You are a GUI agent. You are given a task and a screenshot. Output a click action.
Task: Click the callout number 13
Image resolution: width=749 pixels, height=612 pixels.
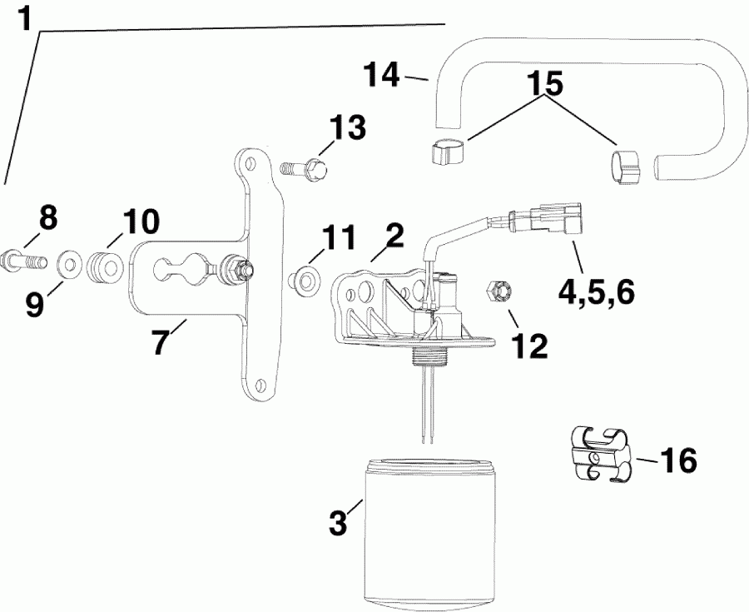pos(346,129)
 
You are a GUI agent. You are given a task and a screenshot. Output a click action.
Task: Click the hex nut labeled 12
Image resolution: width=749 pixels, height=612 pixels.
pos(499,292)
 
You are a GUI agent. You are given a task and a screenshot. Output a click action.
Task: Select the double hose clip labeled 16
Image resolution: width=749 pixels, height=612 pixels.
pos(601,456)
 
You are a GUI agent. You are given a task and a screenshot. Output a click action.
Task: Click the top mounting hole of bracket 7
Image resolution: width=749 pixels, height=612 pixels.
pos(246,158)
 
